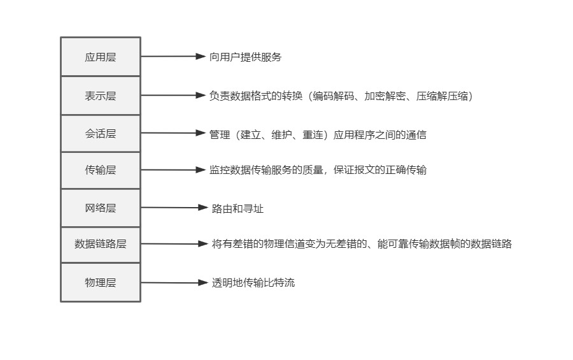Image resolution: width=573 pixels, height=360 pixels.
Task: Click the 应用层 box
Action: click(x=101, y=57)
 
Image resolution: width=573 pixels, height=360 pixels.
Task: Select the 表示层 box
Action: click(x=101, y=96)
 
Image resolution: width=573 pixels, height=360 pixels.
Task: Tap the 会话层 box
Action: click(x=101, y=134)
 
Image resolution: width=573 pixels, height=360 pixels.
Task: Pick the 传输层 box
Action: click(x=101, y=170)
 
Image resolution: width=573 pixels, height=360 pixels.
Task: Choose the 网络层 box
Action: click(x=101, y=208)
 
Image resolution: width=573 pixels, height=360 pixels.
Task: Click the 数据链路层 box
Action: click(x=101, y=244)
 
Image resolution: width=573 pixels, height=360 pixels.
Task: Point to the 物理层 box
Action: click(x=101, y=282)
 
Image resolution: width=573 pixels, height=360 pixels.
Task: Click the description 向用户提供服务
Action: click(x=245, y=57)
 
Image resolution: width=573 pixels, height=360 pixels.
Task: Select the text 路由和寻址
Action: click(x=237, y=208)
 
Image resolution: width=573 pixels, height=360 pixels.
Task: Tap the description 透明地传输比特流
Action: click(x=253, y=283)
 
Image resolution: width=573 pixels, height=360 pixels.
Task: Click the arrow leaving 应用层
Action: click(x=173, y=57)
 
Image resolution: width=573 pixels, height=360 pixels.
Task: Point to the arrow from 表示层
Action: click(x=173, y=96)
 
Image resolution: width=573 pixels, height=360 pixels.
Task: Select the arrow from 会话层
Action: click(x=173, y=133)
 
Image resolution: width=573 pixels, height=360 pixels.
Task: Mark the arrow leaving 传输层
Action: click(x=173, y=170)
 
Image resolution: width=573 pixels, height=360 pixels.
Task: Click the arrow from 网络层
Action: click(x=174, y=208)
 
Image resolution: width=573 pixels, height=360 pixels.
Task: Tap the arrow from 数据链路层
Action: click(x=174, y=244)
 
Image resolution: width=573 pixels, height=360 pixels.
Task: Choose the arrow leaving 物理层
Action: click(x=174, y=283)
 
